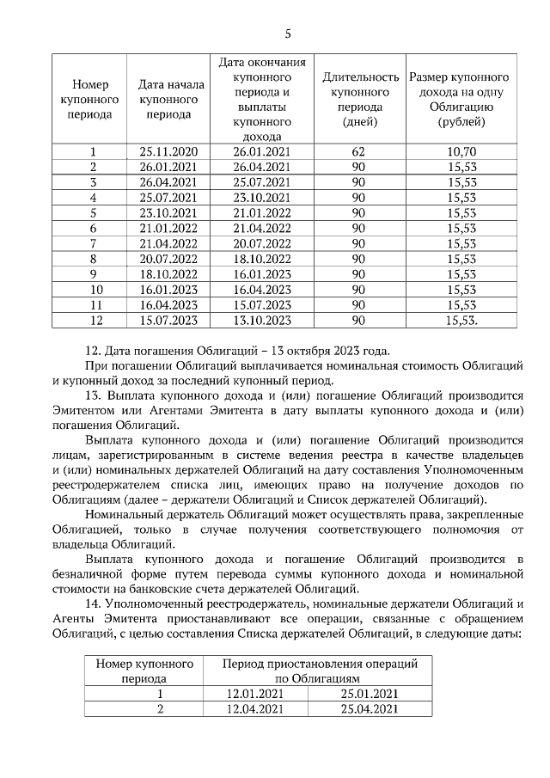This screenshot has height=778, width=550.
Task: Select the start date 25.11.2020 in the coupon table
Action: click(168, 152)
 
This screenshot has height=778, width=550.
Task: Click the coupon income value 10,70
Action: click(461, 152)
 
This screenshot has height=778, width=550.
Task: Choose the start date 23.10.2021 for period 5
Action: click(168, 213)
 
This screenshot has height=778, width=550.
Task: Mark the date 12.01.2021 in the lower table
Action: click(254, 693)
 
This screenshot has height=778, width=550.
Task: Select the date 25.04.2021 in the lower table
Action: click(370, 708)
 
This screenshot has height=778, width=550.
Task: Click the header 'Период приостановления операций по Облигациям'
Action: click(320, 671)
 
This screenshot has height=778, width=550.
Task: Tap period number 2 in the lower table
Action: click(160, 708)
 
